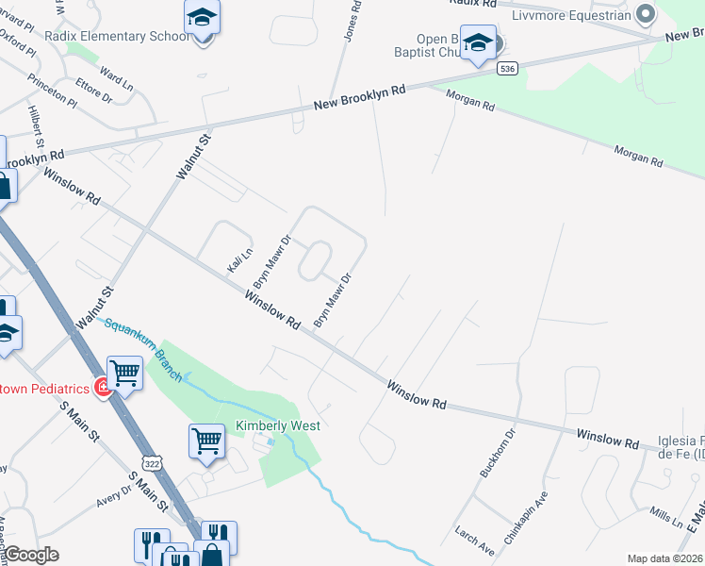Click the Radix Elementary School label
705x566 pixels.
coord(122,37)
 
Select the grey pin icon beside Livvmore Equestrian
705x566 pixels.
coord(646,14)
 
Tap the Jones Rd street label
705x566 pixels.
coord(352,20)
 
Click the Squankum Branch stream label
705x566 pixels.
coord(142,344)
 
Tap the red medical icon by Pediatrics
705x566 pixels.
coord(102,387)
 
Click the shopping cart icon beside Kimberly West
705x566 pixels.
coord(206,440)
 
